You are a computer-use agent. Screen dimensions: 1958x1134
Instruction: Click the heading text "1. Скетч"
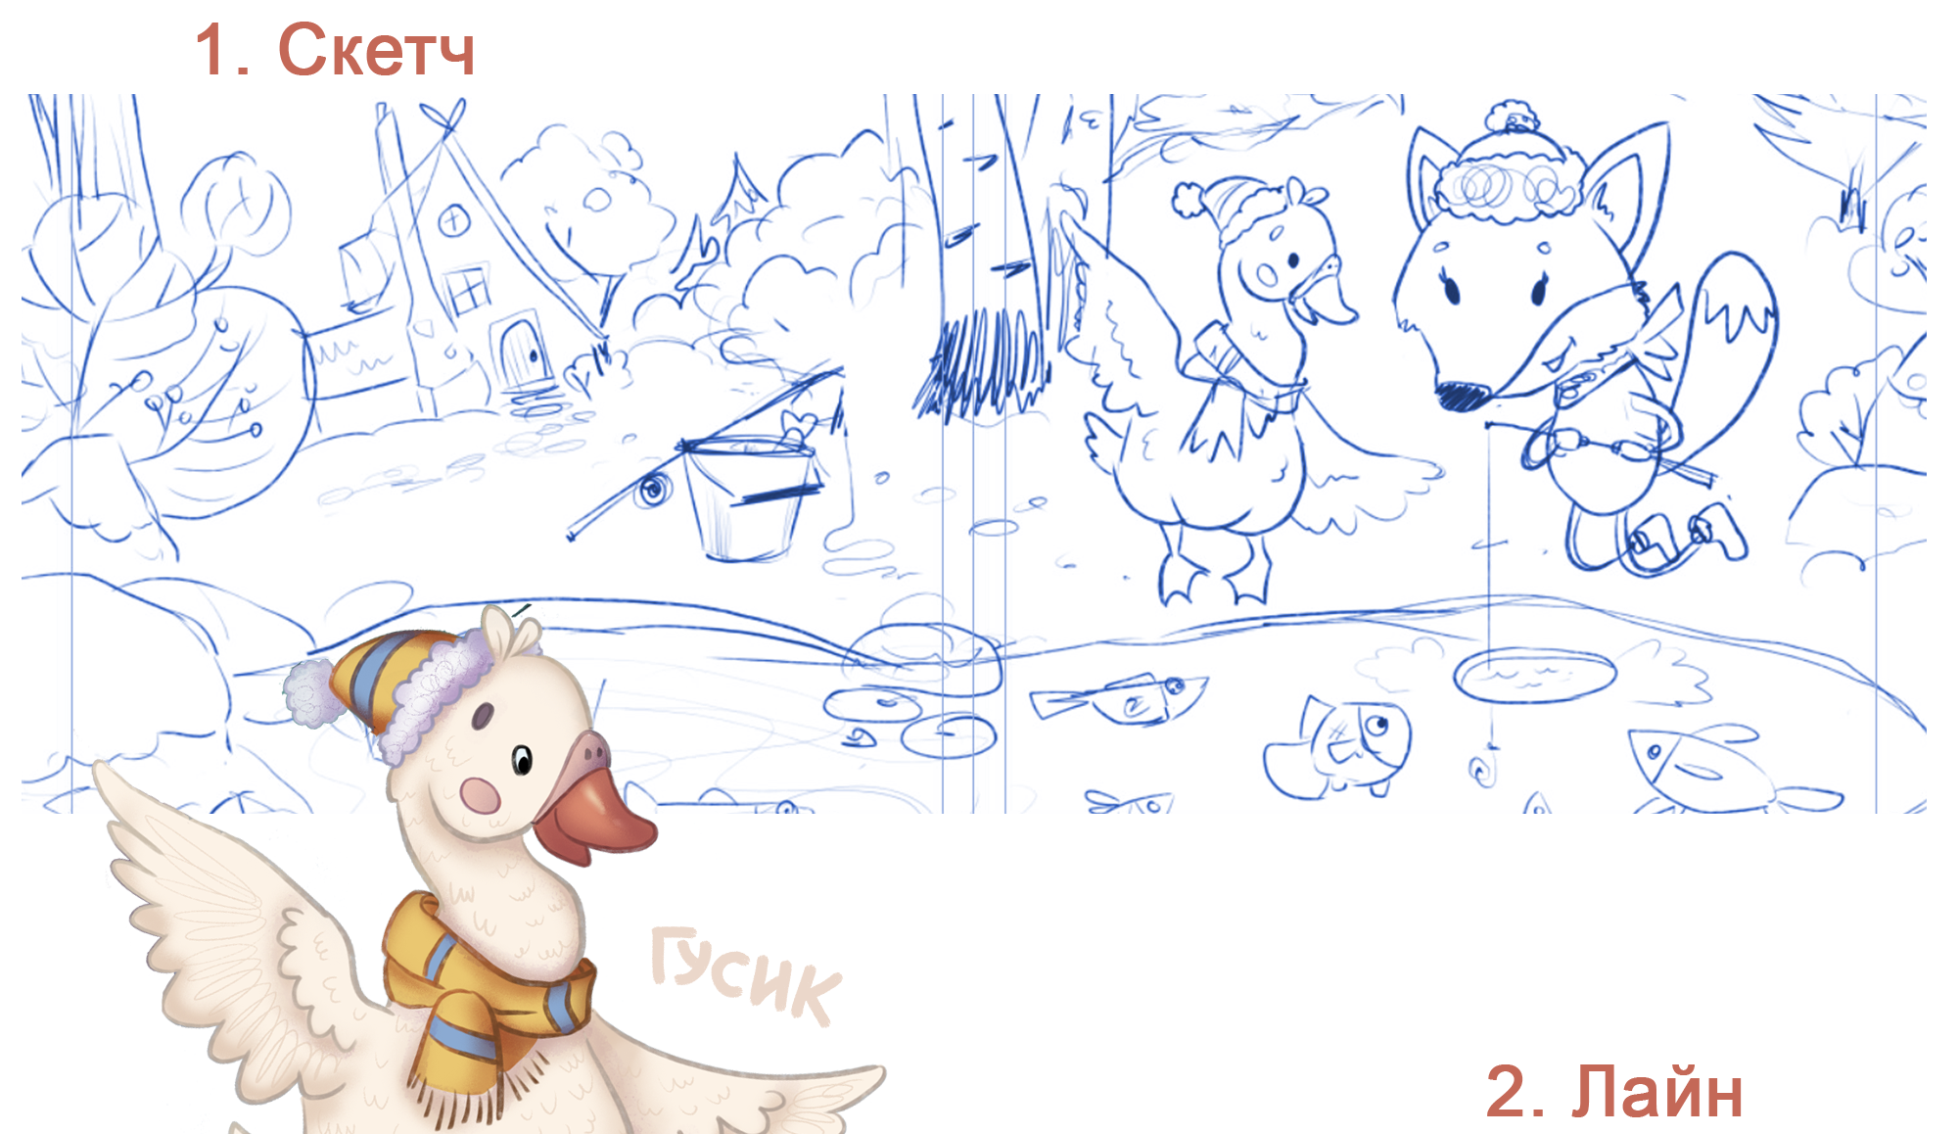(x=335, y=50)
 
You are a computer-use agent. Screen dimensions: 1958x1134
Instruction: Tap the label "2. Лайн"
(x=1613, y=1091)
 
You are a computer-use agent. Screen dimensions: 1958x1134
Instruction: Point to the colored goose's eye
(x=523, y=759)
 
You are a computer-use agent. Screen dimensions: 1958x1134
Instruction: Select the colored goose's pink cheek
(x=480, y=795)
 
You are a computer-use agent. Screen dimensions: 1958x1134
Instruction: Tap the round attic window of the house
(x=453, y=220)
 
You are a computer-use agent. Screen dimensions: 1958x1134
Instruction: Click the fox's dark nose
(x=1462, y=394)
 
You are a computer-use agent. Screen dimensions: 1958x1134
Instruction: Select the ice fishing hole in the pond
(x=1535, y=676)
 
